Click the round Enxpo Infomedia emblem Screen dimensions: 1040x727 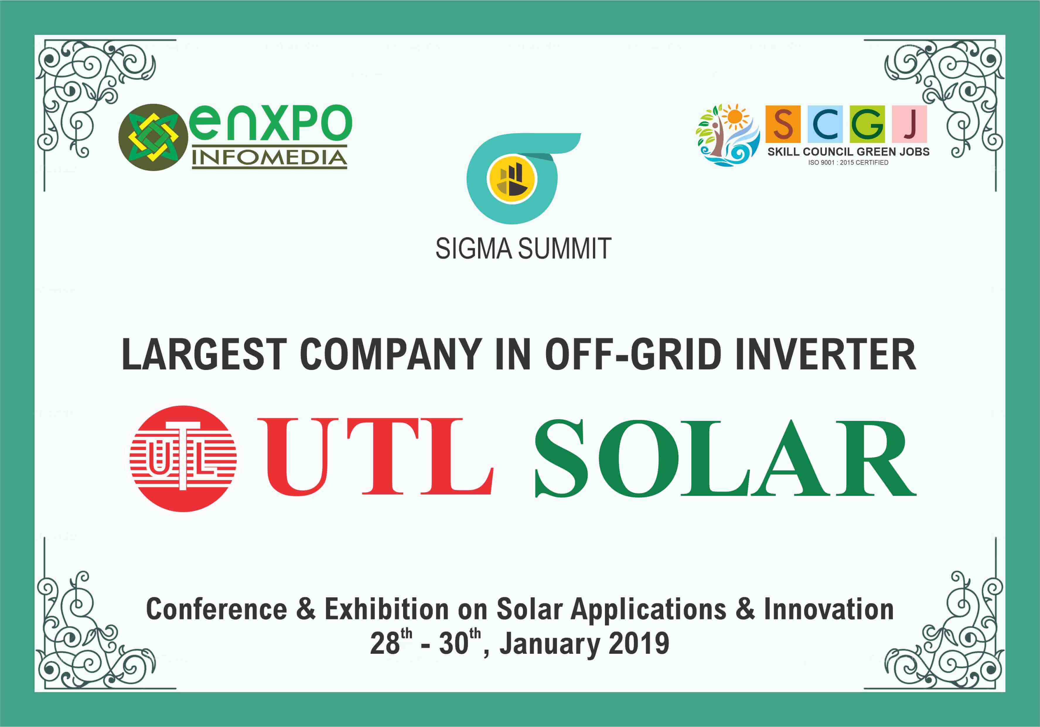click(153, 137)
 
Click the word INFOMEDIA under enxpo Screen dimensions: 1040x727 click(270, 158)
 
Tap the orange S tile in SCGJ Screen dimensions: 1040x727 click(783, 124)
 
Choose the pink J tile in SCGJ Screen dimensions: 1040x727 click(909, 124)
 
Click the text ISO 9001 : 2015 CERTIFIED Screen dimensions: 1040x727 click(848, 163)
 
